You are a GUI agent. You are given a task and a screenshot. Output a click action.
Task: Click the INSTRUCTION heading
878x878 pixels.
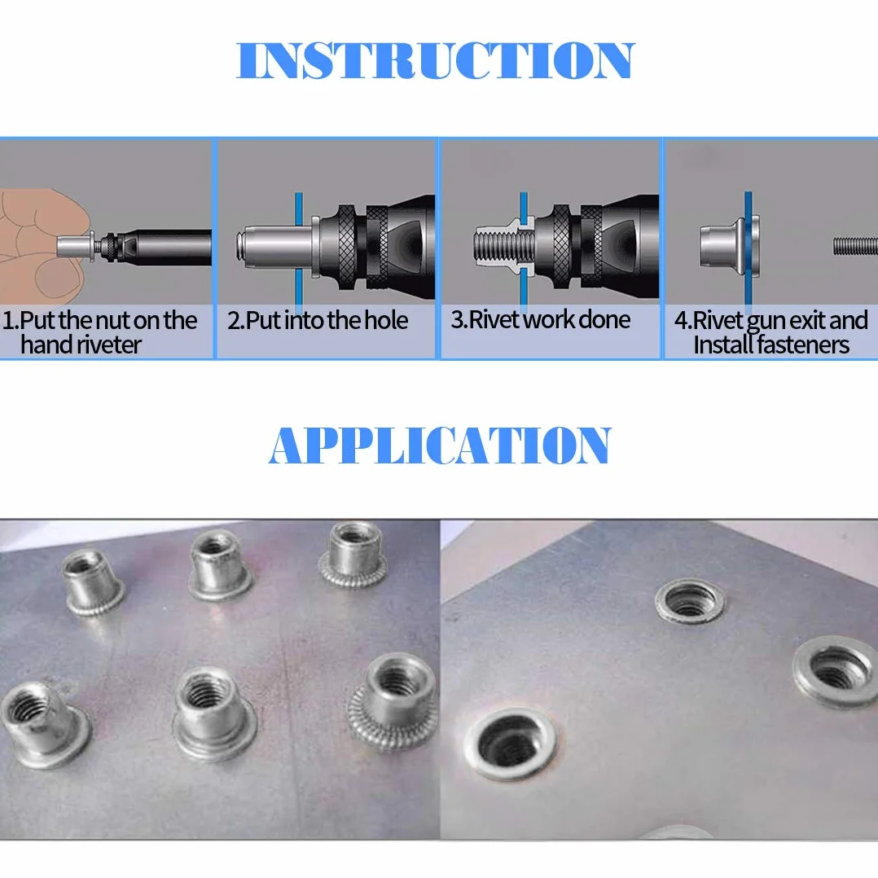coord(436,60)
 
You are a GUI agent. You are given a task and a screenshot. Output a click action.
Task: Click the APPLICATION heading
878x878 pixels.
coord(440,446)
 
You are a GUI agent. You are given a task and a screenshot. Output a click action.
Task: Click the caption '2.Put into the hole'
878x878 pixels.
coord(318,320)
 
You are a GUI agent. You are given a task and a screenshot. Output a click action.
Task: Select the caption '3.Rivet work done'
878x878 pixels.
coord(541,320)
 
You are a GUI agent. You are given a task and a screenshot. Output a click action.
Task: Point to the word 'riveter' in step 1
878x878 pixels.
coord(108,345)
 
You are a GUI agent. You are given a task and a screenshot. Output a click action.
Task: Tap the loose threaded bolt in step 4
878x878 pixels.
coord(855,246)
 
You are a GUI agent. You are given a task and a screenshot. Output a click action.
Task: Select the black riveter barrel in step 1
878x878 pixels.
coord(168,246)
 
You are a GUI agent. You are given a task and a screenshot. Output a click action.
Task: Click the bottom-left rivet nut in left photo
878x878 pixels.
coord(44,722)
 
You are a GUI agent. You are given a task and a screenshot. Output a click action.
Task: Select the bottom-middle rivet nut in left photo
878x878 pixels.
coord(213,712)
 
